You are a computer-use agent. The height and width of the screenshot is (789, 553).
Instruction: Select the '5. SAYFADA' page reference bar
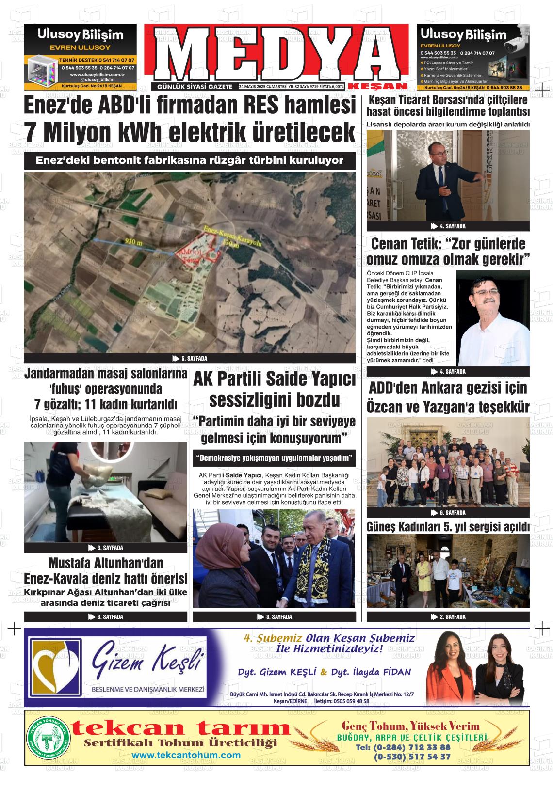(190, 359)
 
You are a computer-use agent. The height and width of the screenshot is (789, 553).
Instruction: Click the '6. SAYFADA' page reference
(448, 512)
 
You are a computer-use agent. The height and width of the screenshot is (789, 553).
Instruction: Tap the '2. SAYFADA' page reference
(448, 616)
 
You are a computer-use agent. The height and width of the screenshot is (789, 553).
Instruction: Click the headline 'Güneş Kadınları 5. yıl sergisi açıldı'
(448, 527)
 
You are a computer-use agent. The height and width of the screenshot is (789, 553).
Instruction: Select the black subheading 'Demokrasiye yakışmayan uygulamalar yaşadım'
(274, 458)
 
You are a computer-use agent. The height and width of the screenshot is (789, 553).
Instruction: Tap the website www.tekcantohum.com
(186, 755)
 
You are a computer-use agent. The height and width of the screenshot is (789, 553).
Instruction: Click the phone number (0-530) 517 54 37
(412, 756)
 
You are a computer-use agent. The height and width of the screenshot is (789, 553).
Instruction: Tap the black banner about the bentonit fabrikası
(190, 160)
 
